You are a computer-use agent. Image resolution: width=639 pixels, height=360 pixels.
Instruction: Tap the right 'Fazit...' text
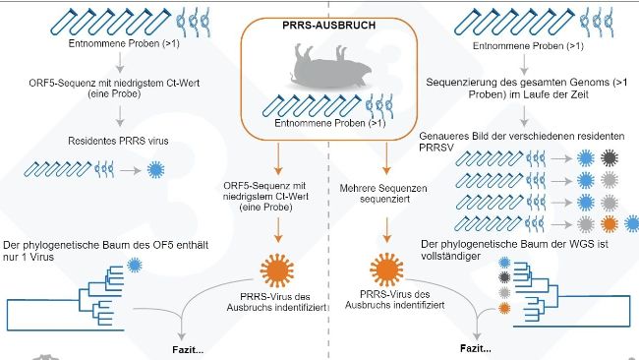(476, 348)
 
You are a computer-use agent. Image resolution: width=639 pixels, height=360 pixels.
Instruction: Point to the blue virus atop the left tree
(133, 266)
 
